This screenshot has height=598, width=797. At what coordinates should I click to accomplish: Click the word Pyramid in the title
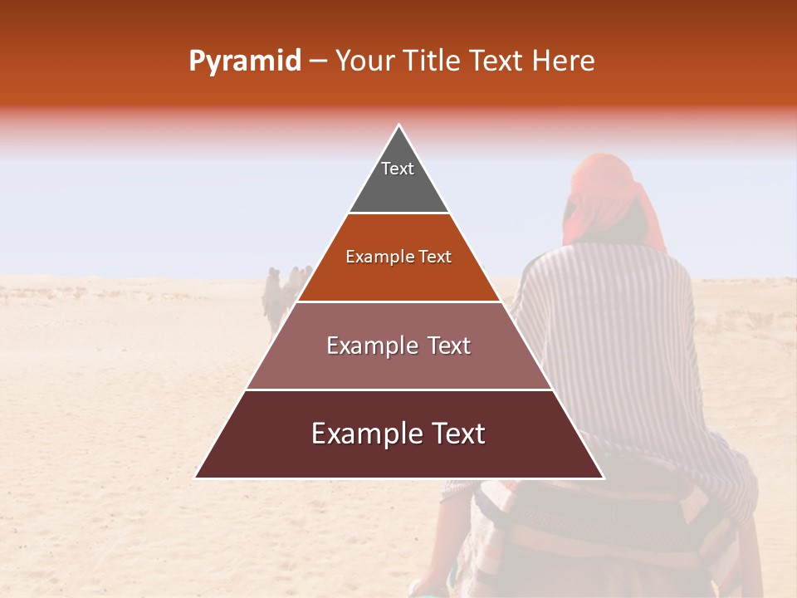pyautogui.click(x=244, y=61)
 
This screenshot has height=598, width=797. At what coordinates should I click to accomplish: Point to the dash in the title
pyautogui.click(x=318, y=61)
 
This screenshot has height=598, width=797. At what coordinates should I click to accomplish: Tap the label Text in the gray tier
pyautogui.click(x=398, y=169)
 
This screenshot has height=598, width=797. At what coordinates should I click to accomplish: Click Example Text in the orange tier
pyautogui.click(x=398, y=257)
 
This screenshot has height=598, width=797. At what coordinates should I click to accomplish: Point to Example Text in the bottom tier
pyautogui.click(x=398, y=434)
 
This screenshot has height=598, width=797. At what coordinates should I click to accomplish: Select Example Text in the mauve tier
pyautogui.click(x=398, y=346)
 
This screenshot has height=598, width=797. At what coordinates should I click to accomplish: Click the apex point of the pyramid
pyautogui.click(x=399, y=126)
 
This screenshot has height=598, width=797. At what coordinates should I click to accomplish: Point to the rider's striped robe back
pyautogui.click(x=614, y=332)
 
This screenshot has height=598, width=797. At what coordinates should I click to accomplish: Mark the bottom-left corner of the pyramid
pyautogui.click(x=196, y=478)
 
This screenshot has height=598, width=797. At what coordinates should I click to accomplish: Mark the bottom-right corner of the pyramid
pyautogui.click(x=603, y=478)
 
